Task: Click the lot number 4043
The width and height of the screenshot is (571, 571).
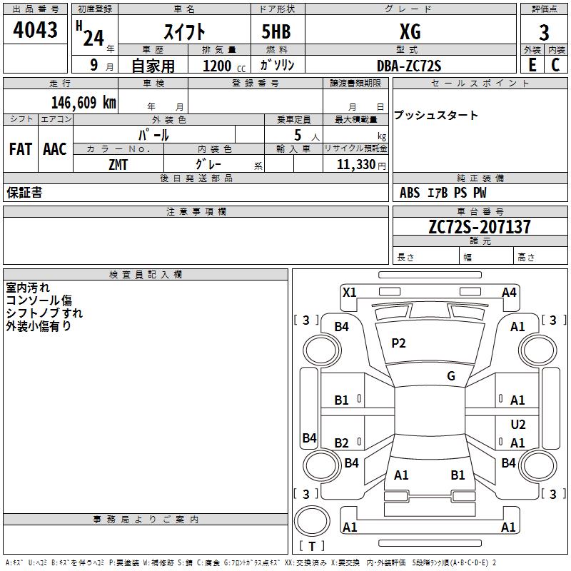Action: point(35,30)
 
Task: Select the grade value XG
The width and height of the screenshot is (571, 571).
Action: point(410,31)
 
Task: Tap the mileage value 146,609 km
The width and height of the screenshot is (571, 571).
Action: point(84,103)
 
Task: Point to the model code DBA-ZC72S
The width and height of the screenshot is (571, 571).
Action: point(409,66)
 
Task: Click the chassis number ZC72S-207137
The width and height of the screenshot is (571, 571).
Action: point(480,227)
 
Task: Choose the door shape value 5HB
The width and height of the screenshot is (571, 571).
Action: point(276,31)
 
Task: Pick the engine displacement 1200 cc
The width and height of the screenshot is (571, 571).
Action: point(224,66)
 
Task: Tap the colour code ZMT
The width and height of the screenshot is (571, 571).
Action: point(118,165)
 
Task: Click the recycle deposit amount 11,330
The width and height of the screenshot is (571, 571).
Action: point(356,165)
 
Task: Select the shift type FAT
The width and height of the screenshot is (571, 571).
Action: point(21,149)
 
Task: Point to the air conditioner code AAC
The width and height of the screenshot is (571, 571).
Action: point(55,149)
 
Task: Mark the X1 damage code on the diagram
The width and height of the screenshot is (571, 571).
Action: point(349,292)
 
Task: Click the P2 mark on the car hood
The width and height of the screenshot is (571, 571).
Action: point(398,343)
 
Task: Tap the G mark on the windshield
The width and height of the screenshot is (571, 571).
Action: point(451,376)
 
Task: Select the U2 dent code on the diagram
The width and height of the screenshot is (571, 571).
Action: point(518,424)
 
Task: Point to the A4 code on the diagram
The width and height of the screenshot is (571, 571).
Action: point(509,293)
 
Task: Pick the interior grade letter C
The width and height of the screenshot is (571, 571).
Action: point(555,65)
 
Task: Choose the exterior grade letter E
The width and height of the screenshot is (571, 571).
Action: point(532,65)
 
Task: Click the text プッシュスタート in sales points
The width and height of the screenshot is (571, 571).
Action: point(436,115)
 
